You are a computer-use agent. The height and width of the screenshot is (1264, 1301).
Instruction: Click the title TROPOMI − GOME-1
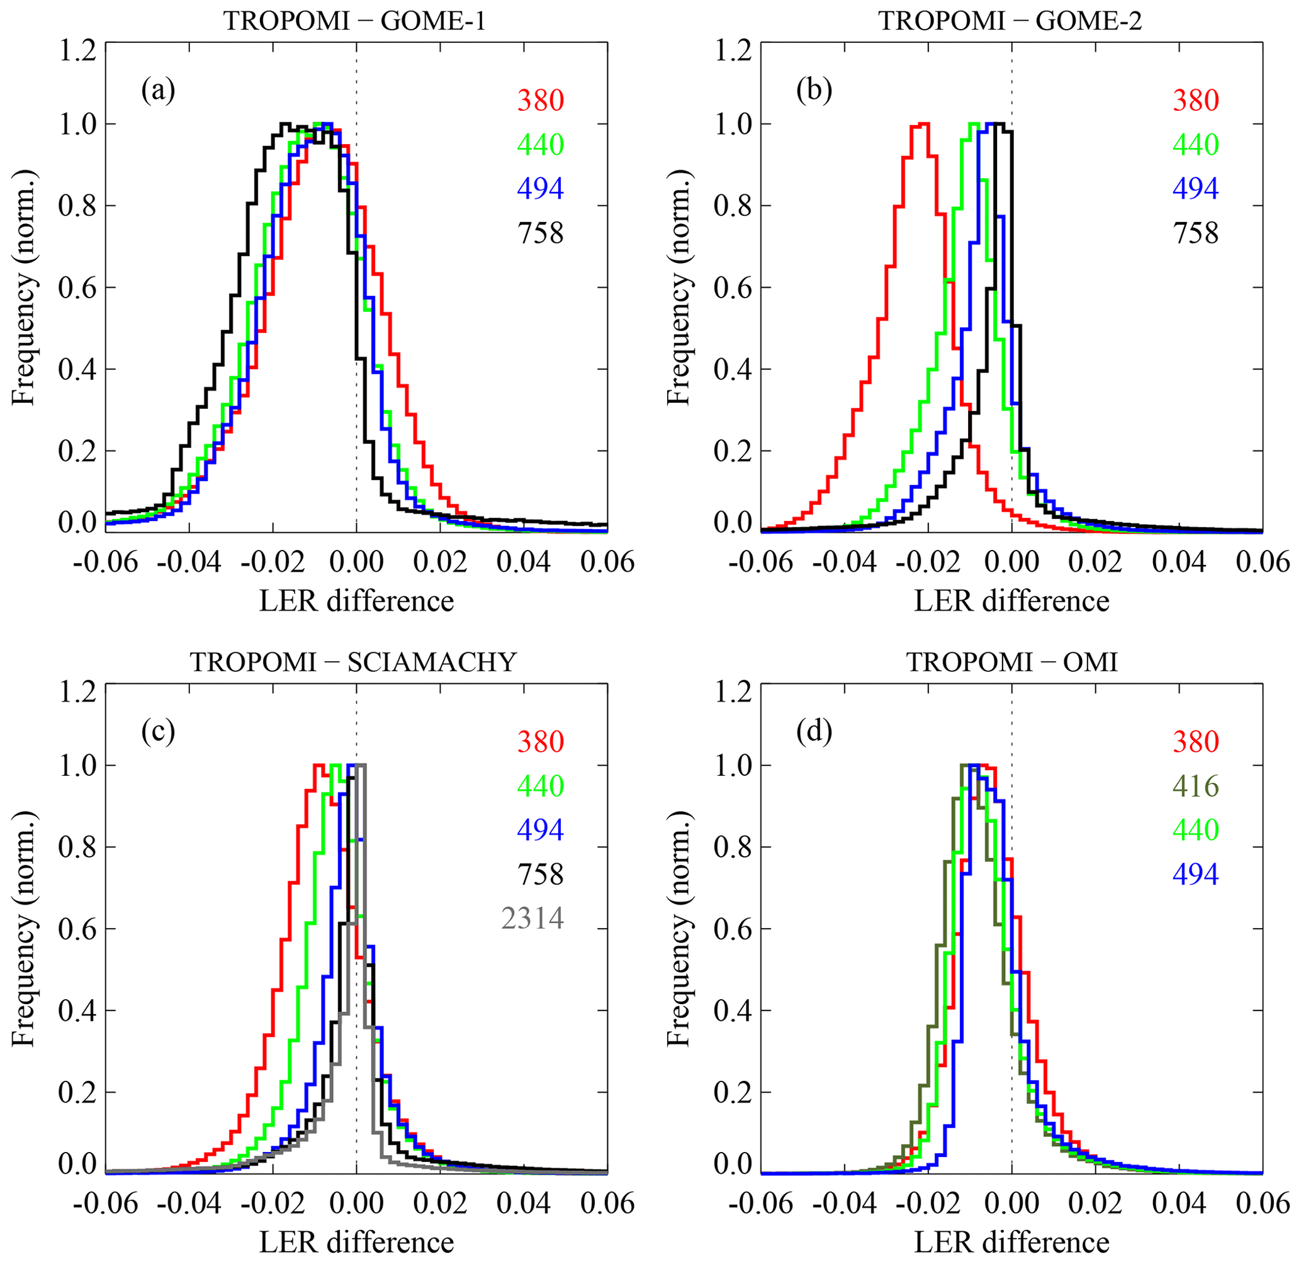coord(354,21)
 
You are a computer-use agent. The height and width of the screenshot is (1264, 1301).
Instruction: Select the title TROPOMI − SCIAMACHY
coord(354,662)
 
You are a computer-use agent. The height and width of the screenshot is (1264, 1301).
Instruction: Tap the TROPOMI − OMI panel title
coord(1012,662)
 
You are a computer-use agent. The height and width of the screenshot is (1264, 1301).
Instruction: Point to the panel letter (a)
coord(158,91)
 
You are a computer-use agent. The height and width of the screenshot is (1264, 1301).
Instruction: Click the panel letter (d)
coord(814,732)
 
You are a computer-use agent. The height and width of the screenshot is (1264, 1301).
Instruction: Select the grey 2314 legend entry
coord(532,918)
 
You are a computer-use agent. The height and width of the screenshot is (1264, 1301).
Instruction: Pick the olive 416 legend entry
coord(1196,786)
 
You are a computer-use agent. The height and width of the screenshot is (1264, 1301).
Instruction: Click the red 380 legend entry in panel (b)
coord(1196,100)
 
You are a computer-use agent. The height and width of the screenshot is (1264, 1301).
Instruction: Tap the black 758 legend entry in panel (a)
coord(541,233)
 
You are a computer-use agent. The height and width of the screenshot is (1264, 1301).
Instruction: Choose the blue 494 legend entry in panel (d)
coord(1196,875)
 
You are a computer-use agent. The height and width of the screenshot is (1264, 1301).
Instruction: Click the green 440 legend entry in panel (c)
coord(541,786)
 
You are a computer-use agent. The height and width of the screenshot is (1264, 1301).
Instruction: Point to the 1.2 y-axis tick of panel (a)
coord(79,51)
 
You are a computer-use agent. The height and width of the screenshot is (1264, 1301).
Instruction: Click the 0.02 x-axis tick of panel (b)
coord(1095,562)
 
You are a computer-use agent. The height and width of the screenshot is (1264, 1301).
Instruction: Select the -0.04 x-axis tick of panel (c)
coord(189,1203)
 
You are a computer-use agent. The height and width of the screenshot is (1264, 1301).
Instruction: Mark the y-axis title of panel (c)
coord(24,929)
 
